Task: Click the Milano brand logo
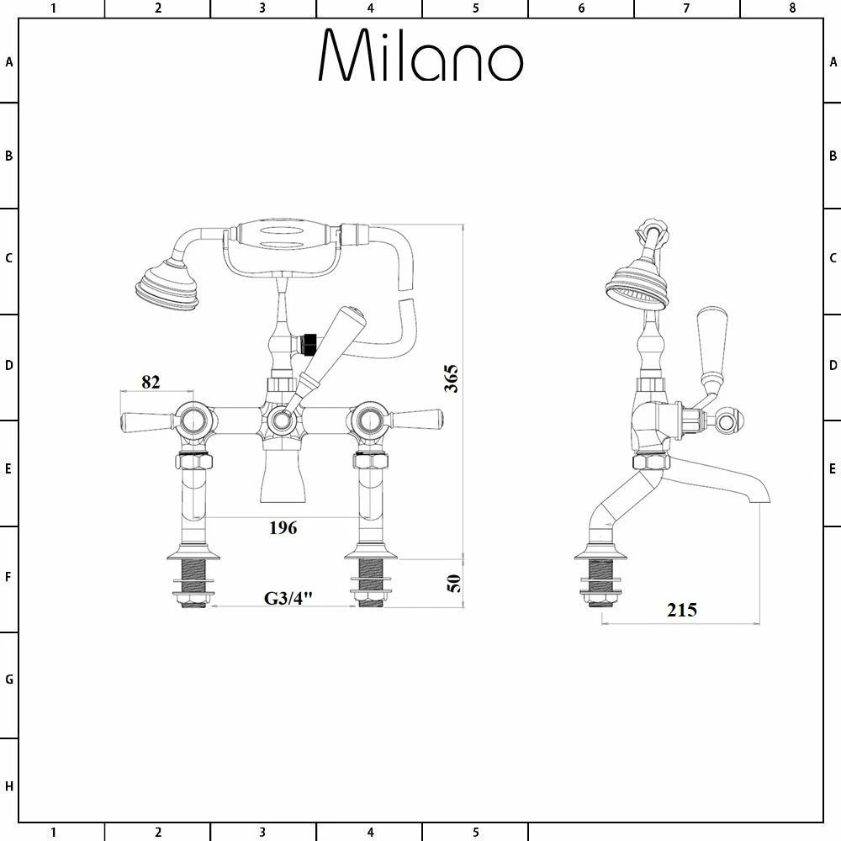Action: coord(420,57)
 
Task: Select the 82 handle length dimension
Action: coord(151,381)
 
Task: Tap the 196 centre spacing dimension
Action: coord(283,528)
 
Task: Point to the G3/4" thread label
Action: coord(288,598)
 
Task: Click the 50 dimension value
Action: coord(453,582)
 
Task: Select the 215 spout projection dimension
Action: coord(682,610)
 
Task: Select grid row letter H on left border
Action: coord(9,786)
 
